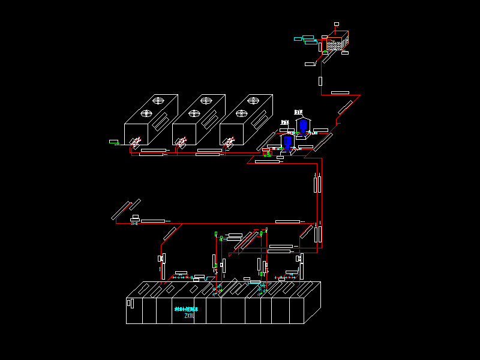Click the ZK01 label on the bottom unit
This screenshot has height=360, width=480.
tap(189, 316)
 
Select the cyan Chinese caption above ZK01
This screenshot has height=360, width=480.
tap(186, 310)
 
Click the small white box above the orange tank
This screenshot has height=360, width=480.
tap(337, 24)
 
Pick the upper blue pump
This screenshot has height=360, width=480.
tap(303, 125)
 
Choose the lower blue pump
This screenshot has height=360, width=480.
tap(287, 142)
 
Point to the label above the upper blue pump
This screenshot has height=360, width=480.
tap(298, 112)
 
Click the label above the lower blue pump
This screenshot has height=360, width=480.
tap(285, 122)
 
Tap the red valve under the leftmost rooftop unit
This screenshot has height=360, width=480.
tap(136, 142)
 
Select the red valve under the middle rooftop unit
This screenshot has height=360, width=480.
tap(182, 142)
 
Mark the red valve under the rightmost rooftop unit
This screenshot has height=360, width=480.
tap(229, 142)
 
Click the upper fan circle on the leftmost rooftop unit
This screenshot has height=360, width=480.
tap(158, 101)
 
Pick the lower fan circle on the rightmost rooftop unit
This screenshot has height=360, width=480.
tap(242, 113)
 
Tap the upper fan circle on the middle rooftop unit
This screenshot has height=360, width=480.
tap(206, 101)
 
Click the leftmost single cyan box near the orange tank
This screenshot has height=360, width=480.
tap(298, 39)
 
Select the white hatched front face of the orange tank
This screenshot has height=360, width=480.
tap(334, 46)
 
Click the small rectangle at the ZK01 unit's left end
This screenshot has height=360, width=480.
tap(128, 303)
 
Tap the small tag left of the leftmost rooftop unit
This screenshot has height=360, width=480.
tap(113, 142)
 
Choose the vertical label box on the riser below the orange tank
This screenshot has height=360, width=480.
tap(320, 81)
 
